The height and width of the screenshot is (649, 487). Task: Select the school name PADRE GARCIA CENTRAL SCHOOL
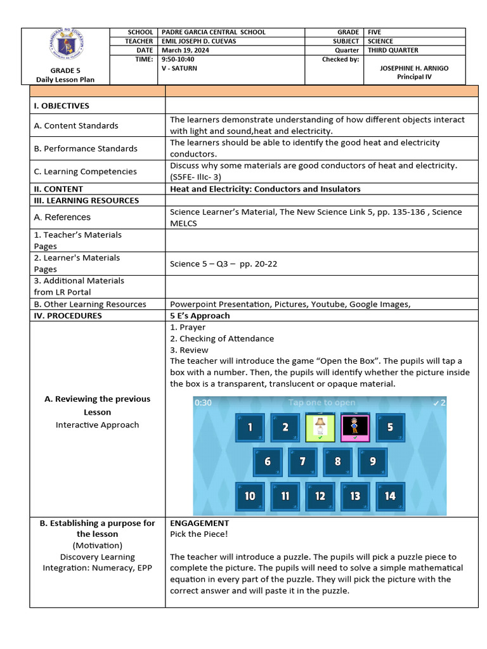pyautogui.click(x=214, y=32)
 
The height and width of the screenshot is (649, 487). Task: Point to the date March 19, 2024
pyautogui.click(x=185, y=50)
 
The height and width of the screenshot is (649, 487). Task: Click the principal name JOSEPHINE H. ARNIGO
pyautogui.click(x=413, y=68)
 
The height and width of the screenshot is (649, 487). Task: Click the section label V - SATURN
pyautogui.click(x=179, y=68)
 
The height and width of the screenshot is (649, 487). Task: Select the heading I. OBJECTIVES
pyautogui.click(x=62, y=106)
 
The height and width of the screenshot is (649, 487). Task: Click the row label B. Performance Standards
pyautogui.click(x=86, y=148)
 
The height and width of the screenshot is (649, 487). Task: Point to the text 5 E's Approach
pyautogui.click(x=200, y=316)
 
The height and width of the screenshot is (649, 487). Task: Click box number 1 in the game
pyautogui.click(x=250, y=427)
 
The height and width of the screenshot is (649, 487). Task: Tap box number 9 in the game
pyautogui.click(x=373, y=461)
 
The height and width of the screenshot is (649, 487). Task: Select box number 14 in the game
pyautogui.click(x=390, y=496)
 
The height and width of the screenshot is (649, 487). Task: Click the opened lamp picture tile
pyautogui.click(x=320, y=427)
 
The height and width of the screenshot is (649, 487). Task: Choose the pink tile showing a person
pyautogui.click(x=355, y=427)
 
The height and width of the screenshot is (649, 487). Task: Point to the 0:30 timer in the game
pyautogui.click(x=204, y=402)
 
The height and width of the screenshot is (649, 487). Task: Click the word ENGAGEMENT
pyautogui.click(x=199, y=524)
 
